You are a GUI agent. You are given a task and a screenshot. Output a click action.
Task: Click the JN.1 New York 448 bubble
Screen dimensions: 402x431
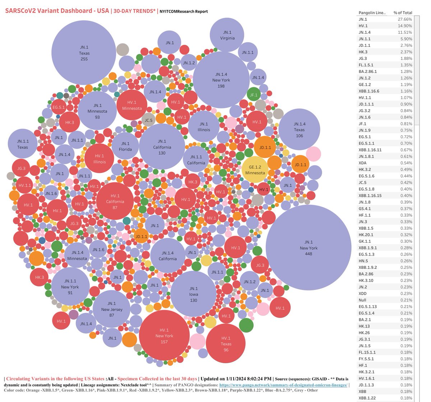coord(308,247)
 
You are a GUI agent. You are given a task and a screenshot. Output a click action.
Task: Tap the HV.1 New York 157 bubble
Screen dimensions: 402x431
coord(164,336)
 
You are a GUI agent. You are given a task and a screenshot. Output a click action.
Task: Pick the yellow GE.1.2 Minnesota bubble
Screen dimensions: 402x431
coord(255,169)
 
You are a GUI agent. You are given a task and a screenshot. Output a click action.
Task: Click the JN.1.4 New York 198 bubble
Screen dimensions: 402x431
coord(221,80)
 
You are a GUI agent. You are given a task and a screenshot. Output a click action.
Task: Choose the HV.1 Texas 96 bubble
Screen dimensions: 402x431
coord(226,343)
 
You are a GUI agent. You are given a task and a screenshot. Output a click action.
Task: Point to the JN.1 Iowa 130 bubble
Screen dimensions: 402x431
coord(194,294)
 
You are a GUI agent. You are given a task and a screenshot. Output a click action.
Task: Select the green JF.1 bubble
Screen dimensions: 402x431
coord(254,95)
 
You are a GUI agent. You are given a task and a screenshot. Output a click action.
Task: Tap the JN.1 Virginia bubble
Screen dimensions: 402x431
coord(227,35)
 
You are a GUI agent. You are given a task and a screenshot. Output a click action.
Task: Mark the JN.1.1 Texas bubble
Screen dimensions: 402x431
coord(22,144)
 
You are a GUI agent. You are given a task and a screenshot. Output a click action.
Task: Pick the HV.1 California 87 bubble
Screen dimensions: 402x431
coord(115,201)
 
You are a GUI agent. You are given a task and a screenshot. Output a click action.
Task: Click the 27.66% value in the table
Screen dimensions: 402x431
coord(405,19)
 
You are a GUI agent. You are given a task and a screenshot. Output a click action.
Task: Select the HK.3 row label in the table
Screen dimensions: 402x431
coord(363,52)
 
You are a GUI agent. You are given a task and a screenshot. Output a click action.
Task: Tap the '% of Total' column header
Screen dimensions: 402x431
coord(403,13)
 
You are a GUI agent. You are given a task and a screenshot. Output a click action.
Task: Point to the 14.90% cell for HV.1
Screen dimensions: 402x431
coord(405,26)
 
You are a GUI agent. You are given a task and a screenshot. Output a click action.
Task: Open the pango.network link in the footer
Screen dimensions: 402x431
coord(283,385)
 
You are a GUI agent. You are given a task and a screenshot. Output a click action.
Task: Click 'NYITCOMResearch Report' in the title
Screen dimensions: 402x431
coord(184,11)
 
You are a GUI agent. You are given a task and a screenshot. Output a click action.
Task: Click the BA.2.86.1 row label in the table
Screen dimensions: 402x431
coord(368,71)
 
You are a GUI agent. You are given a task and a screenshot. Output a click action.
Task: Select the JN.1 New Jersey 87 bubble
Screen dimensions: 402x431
coord(112,309)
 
